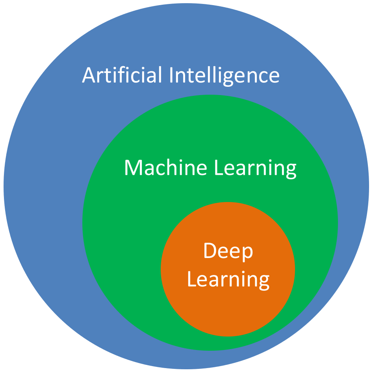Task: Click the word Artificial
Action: tap(122, 75)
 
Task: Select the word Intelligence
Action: tap(225, 76)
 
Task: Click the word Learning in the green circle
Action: tap(255, 168)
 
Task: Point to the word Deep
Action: tap(228, 251)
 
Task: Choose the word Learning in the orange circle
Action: tap(228, 280)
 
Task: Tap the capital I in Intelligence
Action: tap(171, 75)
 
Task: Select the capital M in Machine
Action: tap(134, 168)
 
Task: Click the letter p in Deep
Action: tap(247, 254)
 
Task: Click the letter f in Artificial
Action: tap(117, 75)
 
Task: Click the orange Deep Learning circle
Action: tap(228, 269)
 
